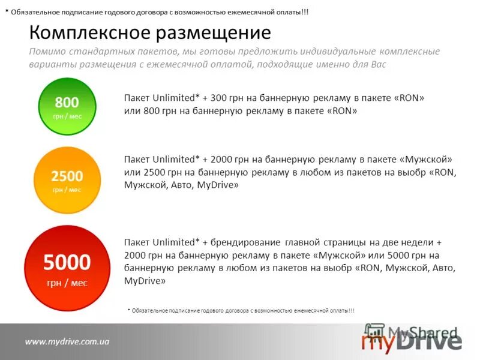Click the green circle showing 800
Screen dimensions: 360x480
67,107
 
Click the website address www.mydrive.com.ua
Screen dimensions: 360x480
67,341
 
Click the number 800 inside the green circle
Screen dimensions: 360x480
67,102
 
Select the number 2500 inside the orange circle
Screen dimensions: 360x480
67,176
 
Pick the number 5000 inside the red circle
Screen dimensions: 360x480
67,262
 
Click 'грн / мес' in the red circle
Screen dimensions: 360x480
67,283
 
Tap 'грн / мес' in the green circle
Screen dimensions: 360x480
67,116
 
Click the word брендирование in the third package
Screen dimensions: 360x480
245,242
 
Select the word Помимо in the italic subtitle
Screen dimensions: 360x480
46,52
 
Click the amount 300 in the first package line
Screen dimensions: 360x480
218,98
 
